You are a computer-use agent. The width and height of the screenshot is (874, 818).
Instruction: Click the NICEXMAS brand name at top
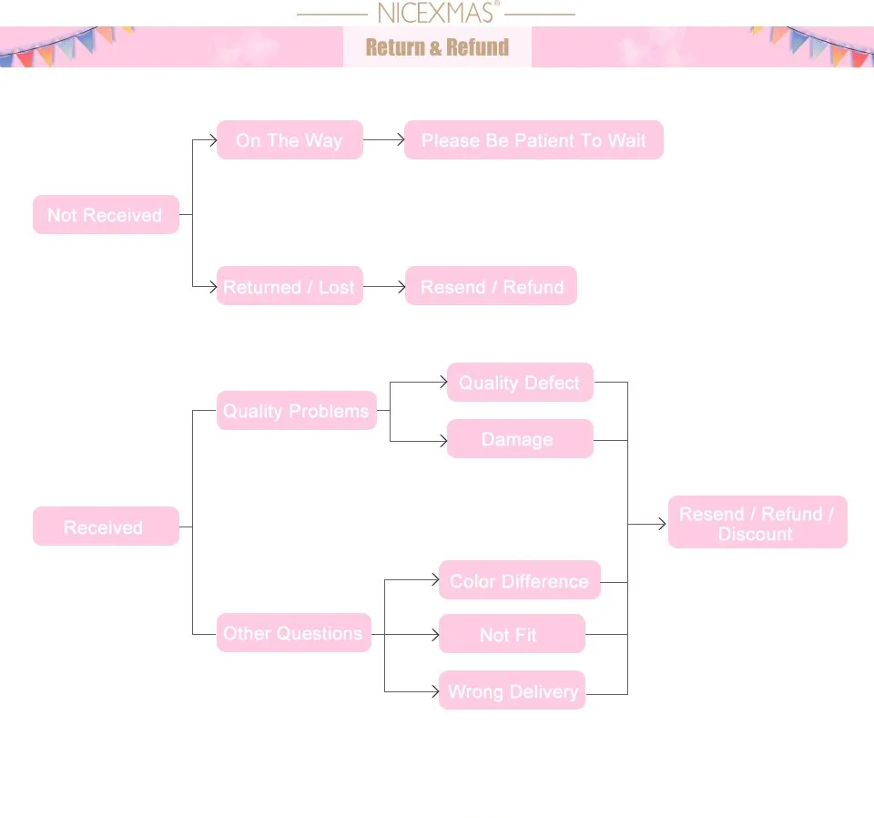436,14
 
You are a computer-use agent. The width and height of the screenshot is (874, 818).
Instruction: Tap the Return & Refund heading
437,47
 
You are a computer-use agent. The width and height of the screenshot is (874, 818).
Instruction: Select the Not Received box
106,215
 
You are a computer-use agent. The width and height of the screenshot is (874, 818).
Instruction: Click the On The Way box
290,140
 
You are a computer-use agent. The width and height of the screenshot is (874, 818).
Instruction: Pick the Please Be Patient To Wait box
534,140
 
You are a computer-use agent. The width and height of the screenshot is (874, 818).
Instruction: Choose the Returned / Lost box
290,287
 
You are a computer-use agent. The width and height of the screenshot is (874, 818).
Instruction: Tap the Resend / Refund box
492,287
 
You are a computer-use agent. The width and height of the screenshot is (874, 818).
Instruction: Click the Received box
106,527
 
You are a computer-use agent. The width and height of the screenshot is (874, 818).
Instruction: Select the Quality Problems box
297,411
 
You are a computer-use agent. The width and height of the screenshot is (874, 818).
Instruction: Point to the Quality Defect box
520,383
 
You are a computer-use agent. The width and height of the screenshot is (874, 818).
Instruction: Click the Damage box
520,439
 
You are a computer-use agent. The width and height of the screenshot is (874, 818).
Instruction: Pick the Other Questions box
294,633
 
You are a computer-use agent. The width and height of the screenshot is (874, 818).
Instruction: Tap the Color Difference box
520,580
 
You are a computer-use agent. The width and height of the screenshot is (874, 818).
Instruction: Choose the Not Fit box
512,634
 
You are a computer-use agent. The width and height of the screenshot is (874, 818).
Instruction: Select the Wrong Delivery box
512,690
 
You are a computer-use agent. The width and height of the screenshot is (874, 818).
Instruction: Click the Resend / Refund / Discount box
757,523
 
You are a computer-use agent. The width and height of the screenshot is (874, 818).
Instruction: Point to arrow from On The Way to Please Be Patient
383,140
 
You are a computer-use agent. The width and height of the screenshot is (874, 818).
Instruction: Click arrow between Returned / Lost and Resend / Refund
383,287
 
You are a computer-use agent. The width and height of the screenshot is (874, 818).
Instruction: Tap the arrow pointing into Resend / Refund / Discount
648,524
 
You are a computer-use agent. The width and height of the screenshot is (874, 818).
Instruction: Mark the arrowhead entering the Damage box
442,441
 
